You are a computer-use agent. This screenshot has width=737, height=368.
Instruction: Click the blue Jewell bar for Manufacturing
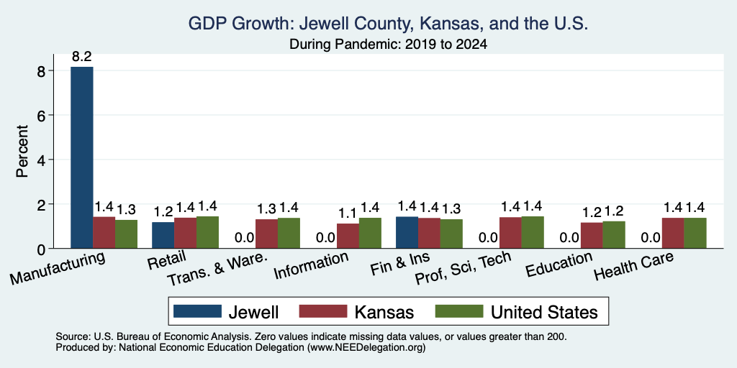82,157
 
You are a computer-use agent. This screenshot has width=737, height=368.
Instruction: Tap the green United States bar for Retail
207,232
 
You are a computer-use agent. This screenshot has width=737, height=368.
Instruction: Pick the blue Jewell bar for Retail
163,235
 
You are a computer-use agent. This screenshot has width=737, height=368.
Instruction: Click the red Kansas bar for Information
348,236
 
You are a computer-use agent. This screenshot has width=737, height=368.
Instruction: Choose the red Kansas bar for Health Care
673,233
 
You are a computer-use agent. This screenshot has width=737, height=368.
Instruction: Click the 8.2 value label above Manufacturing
82,57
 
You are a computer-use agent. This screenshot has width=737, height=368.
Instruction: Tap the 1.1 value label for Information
348,213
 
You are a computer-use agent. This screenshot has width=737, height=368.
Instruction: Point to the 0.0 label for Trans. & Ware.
245,237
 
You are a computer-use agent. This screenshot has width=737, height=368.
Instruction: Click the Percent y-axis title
22,151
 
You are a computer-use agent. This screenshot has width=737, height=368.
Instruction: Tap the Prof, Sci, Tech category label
463,268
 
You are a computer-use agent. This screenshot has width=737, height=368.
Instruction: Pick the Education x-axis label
559,264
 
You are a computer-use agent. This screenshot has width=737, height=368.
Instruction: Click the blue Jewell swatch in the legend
197,311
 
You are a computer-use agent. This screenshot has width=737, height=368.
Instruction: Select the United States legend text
544,312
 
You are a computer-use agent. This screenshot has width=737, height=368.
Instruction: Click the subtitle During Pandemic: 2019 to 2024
388,44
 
